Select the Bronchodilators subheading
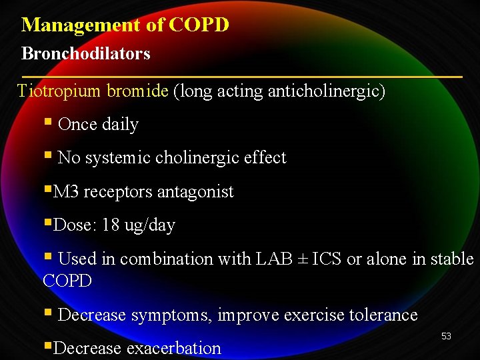86,53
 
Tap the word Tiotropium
59,91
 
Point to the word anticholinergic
326,91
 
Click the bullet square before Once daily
47,123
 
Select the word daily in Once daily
120,125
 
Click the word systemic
115,158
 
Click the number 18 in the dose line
111,225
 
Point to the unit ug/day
149,226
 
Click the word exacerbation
173,348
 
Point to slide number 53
446,336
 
